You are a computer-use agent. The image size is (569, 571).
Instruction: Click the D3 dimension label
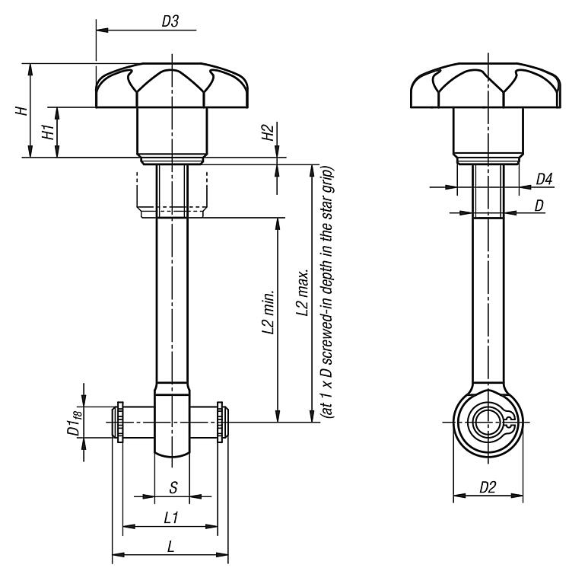coord(170,22)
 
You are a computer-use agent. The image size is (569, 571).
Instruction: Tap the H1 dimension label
coord(49,132)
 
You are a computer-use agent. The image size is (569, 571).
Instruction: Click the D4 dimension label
coord(544,179)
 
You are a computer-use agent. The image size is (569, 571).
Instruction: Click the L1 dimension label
coord(171,518)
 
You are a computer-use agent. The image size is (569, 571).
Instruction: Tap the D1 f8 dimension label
coord(75,422)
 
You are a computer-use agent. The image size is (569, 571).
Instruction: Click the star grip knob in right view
coord(488,88)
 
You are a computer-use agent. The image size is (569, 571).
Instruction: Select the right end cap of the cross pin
coord(220,422)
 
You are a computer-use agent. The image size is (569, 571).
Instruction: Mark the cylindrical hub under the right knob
coord(488,131)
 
